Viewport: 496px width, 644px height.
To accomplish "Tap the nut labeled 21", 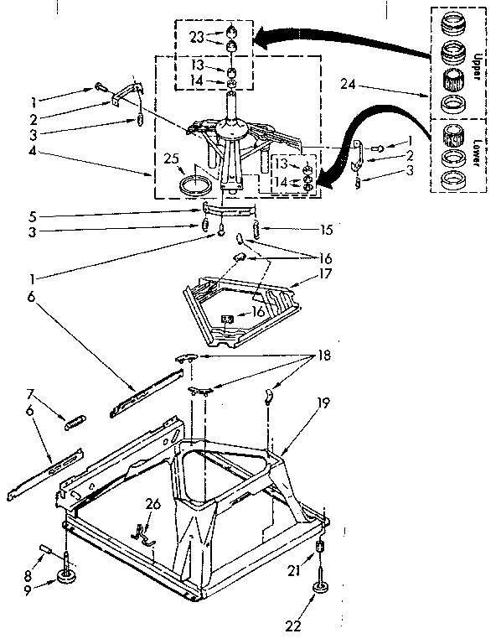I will pyautogui.click(x=319, y=548).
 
